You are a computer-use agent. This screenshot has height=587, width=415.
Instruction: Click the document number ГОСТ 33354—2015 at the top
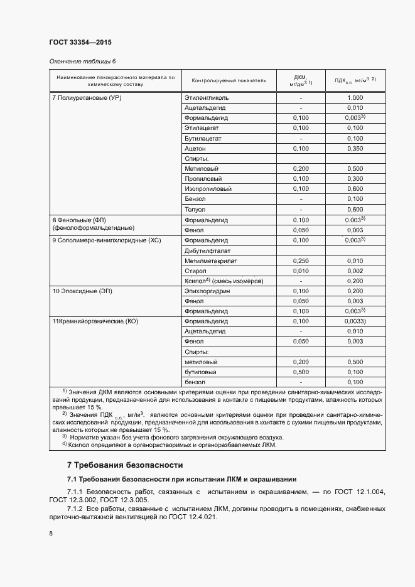coord(80,43)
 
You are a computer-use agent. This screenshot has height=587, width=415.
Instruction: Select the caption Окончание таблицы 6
coord(82,62)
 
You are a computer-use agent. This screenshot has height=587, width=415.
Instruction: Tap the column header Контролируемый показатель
coord(229,80)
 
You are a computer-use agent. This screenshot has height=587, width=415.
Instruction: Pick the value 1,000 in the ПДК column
coord(355,98)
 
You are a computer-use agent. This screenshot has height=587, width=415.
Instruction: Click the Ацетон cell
coord(195,149)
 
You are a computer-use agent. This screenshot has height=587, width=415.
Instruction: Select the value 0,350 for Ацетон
coord(355,149)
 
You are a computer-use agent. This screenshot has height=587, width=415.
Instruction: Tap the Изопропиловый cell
coord(208,189)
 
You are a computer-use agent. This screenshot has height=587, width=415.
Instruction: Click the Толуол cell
coord(195,209)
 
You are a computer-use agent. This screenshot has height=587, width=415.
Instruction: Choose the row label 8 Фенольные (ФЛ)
coord(81,220)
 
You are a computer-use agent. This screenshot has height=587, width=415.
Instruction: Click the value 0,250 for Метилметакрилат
coord(301,261)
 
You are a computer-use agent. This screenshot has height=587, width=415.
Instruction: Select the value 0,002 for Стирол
coord(355,271)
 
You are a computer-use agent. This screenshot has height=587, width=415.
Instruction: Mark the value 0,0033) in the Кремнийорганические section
coord(355,321)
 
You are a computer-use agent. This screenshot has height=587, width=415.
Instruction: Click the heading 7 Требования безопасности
coord(125,465)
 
